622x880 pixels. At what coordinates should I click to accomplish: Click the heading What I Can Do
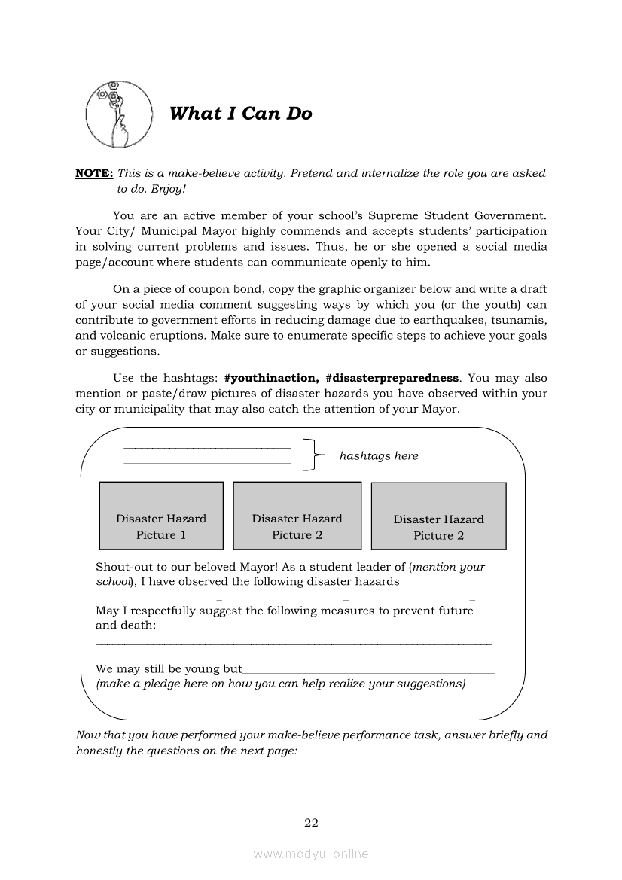click(x=240, y=114)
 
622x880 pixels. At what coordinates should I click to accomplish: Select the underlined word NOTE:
click(x=94, y=173)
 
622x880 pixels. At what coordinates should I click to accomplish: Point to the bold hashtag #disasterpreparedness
click(x=392, y=378)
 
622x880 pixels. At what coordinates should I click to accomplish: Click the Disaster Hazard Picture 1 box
click(x=161, y=516)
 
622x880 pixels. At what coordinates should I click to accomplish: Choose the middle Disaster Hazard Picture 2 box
click(x=297, y=516)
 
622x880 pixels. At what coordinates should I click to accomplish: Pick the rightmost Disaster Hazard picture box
click(x=438, y=516)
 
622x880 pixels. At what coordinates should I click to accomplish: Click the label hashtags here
click(x=379, y=455)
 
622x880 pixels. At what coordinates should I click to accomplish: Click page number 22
click(x=311, y=822)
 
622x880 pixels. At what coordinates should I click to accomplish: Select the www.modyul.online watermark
click(x=311, y=854)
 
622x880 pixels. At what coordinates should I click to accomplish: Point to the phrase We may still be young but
click(x=169, y=668)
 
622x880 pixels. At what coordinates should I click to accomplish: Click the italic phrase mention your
click(x=450, y=567)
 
